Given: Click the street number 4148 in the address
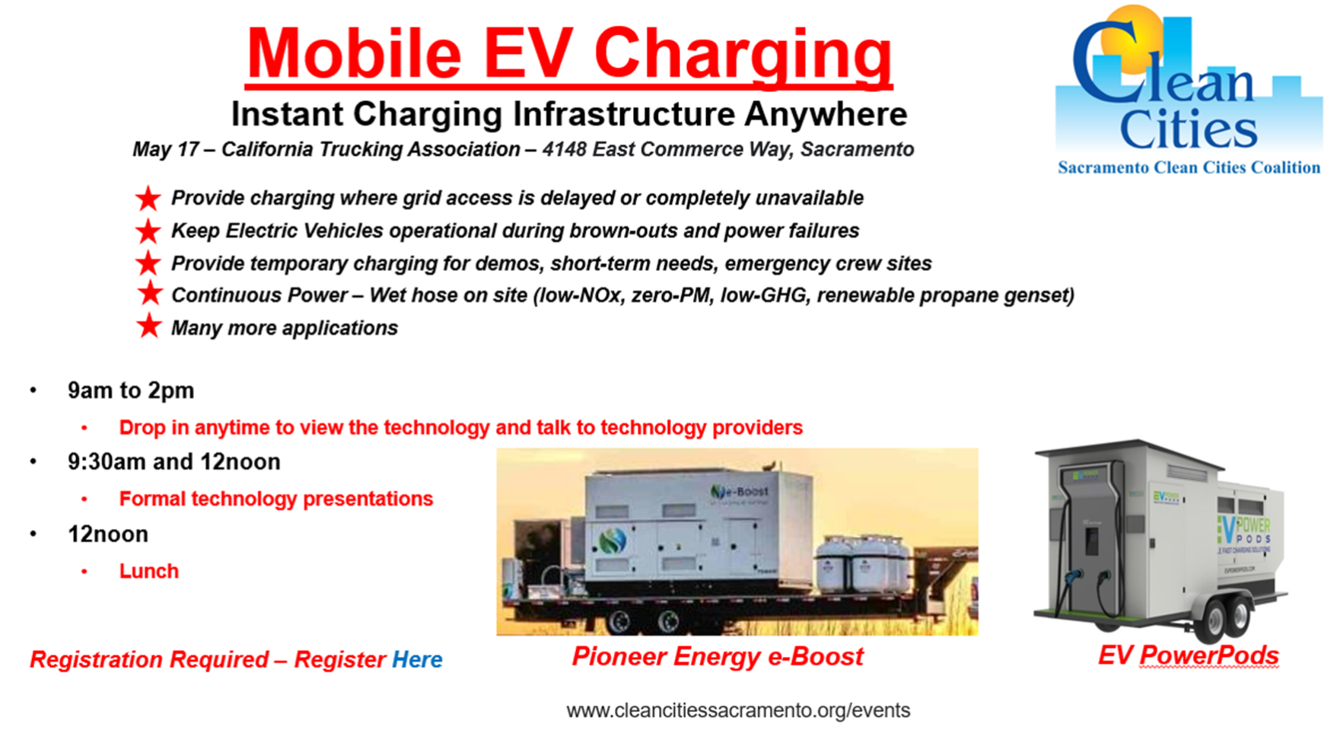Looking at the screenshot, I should point(564,149).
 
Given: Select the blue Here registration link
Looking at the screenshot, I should point(417,659).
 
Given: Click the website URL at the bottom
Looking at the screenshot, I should point(737,710).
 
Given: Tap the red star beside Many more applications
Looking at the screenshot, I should point(149,327).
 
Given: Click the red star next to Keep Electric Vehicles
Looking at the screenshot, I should point(148,231).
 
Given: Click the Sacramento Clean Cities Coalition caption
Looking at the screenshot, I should point(1189,168).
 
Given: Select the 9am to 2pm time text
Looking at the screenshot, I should point(131,391).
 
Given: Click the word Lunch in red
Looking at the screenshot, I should point(148,571).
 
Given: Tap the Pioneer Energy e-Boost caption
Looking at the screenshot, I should point(718,656).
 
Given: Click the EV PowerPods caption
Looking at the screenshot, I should point(1188,655).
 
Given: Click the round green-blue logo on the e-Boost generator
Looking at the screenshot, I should point(612,541).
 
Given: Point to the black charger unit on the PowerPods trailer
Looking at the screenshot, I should point(1090,533).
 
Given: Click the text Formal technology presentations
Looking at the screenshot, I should point(275,499).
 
